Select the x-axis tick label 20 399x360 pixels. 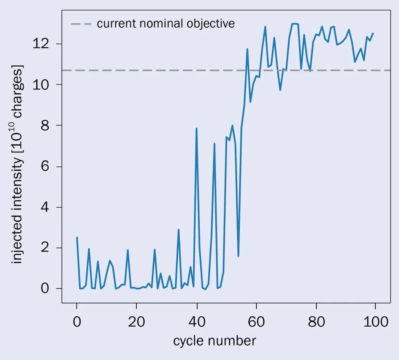click(x=136, y=322)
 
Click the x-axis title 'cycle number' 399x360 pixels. click(x=214, y=340)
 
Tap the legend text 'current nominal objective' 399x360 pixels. click(x=166, y=24)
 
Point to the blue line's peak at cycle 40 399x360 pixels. click(x=197, y=128)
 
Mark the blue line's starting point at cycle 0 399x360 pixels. click(x=77, y=237)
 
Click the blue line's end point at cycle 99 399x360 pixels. click(x=373, y=33)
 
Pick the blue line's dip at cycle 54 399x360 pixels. click(x=238, y=256)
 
